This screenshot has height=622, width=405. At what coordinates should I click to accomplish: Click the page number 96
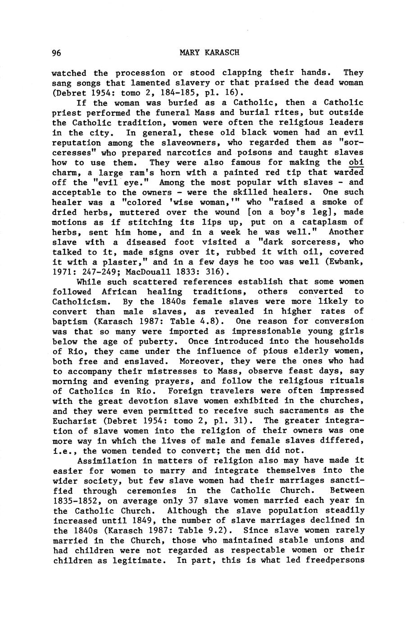tap(56, 53)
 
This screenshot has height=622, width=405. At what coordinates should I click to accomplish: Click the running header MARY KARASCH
tap(209, 53)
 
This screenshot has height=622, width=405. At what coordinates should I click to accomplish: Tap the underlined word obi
tap(356, 163)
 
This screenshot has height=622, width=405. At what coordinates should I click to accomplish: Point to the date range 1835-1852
tap(75, 501)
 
